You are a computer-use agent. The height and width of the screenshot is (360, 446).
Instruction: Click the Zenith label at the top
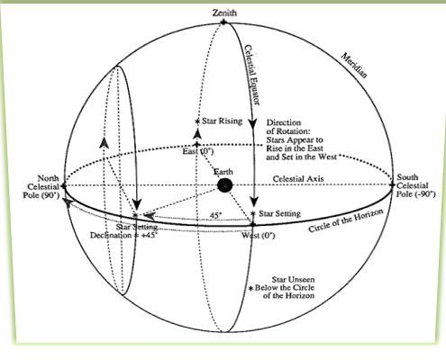pyautogui.click(x=224, y=13)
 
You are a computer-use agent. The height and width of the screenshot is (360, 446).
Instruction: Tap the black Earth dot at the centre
pyautogui.click(x=224, y=185)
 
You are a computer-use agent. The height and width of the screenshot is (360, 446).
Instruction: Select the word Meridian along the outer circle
pyautogui.click(x=354, y=66)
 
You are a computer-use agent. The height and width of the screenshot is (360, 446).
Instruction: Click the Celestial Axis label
pyautogui.click(x=298, y=179)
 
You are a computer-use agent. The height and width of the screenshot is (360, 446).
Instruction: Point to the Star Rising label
pyautogui.click(x=222, y=121)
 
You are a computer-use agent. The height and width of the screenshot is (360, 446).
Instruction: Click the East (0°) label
pyautogui.click(x=198, y=151)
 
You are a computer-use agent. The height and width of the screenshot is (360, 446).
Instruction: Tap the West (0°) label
pyautogui.click(x=259, y=236)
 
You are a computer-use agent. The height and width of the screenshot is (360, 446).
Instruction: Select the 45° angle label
pyautogui.click(x=215, y=215)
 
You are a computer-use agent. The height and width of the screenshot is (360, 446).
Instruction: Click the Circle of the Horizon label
pyautogui.click(x=346, y=220)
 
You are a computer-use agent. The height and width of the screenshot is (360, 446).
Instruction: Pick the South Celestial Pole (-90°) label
pyautogui.click(x=415, y=185)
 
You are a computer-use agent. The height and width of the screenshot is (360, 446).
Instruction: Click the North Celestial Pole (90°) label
pyautogui.click(x=41, y=187)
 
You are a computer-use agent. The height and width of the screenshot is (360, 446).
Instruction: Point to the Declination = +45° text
pyautogui.click(x=123, y=235)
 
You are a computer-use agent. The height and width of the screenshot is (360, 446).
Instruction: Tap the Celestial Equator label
pyautogui.click(x=251, y=75)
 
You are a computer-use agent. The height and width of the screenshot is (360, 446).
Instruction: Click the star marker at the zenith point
pyautogui.click(x=223, y=22)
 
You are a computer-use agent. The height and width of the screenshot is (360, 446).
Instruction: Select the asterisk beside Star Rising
pyautogui.click(x=197, y=121)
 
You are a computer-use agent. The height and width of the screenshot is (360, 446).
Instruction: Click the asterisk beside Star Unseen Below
pyautogui.click(x=251, y=288)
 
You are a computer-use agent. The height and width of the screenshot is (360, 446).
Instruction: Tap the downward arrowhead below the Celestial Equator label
pyautogui.click(x=252, y=123)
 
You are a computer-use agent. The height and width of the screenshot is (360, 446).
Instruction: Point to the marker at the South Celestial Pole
pyautogui.click(x=392, y=184)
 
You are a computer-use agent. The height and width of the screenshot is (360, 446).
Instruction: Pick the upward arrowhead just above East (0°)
pyautogui.click(x=197, y=134)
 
